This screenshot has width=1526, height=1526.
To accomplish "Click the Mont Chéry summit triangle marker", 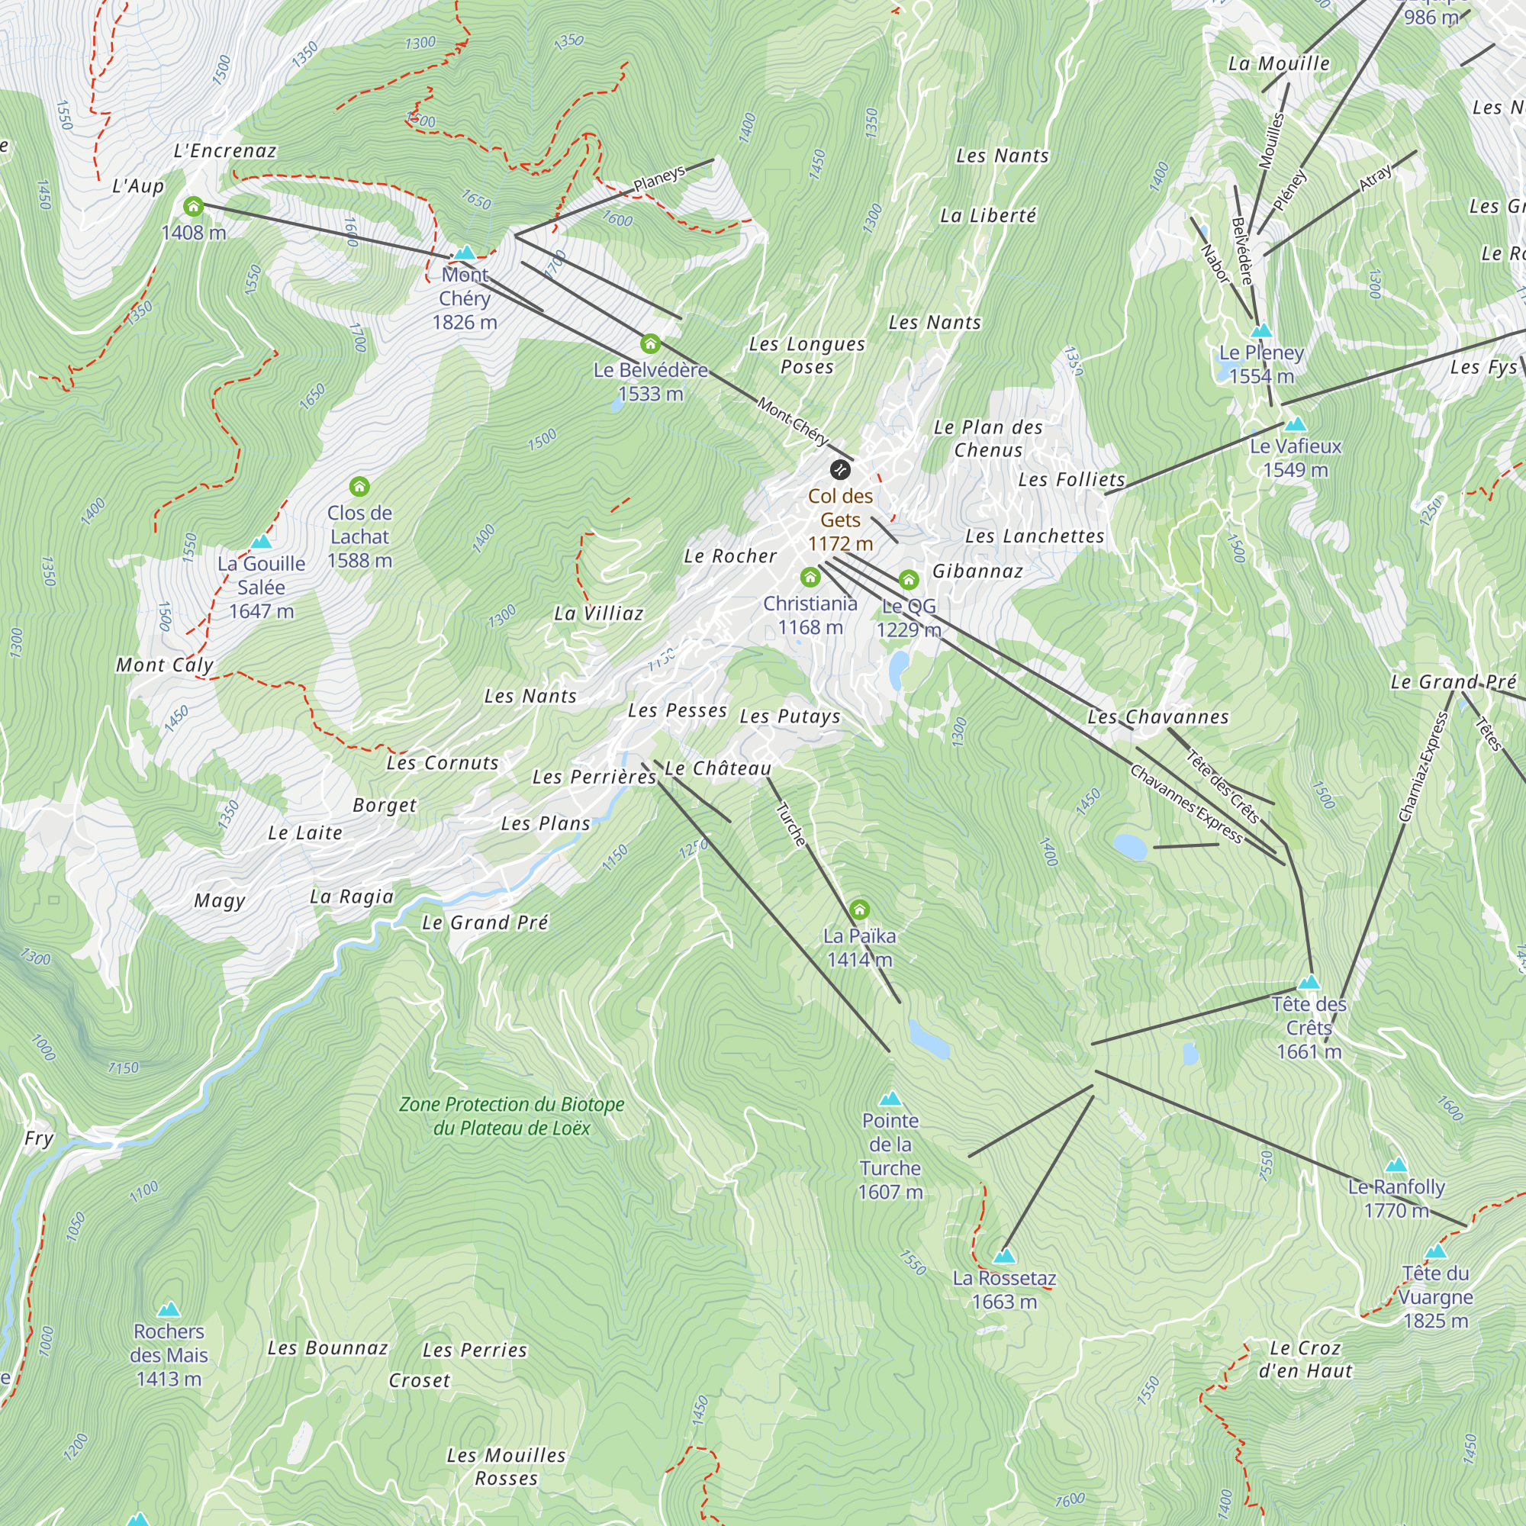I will pos(465,253).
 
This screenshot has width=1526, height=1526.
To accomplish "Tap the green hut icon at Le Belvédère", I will pos(650,343).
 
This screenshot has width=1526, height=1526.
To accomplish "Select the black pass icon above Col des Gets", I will pos(839,470).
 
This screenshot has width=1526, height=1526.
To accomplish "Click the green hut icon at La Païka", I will pos(859,910).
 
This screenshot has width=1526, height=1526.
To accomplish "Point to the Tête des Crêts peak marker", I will pos(1309,983).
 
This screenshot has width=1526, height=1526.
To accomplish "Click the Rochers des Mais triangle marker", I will pos(168,1309).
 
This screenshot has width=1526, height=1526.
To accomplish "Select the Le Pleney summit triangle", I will pos(1261,331).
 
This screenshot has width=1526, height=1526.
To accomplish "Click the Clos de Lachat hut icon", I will pos(359,486).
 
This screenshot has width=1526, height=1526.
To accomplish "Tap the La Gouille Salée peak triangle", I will pos(262,542).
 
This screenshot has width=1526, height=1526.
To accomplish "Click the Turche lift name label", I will pos(790,825).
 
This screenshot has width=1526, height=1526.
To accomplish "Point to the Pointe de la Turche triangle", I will pos(890,1099).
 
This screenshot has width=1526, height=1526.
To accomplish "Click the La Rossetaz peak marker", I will pos(1004,1256).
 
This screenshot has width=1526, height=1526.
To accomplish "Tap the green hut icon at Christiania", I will pos(810,578).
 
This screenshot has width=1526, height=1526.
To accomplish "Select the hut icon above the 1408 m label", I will pos(194,207).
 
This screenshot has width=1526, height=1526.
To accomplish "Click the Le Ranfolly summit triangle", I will pos(1396,1165).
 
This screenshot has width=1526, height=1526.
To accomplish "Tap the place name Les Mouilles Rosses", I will pos(507,1466).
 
